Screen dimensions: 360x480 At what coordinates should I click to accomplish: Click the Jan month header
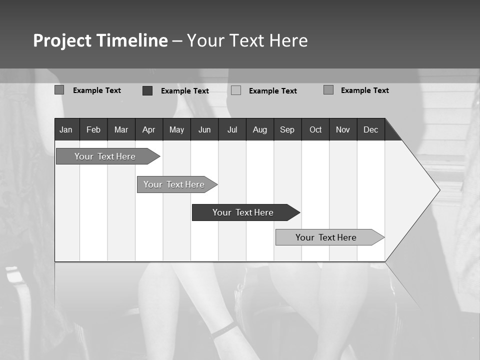coord(66,129)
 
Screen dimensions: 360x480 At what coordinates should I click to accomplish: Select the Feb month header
coord(93,129)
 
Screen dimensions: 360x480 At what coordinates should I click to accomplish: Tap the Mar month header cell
coord(121,129)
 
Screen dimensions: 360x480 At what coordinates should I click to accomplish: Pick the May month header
coord(176,129)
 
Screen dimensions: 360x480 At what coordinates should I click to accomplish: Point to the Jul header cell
coord(232,129)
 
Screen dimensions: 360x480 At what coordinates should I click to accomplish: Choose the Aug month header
coord(260,129)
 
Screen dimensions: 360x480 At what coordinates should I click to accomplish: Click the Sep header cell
coord(287,129)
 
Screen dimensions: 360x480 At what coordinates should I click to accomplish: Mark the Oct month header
coord(315,129)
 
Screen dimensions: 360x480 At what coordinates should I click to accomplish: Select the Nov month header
coord(343,129)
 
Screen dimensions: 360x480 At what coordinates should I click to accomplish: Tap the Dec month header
coord(371,129)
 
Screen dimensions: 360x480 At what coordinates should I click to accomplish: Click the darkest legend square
coord(147,90)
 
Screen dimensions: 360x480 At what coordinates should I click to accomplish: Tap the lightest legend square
coord(236,90)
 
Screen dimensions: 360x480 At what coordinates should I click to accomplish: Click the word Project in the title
coord(63,40)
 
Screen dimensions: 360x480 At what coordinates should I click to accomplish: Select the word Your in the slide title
coord(204,40)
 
